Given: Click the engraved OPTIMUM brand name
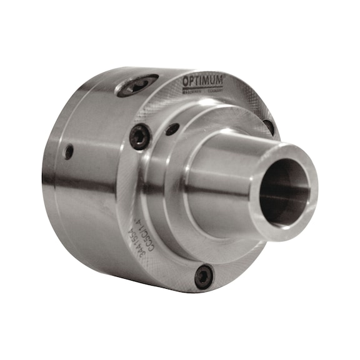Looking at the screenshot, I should pyautogui.click(x=202, y=81).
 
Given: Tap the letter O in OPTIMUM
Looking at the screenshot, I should pyautogui.click(x=186, y=82).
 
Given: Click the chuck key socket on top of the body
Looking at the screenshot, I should pyautogui.click(x=137, y=85).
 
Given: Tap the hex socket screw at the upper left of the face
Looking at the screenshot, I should pyautogui.click(x=139, y=136).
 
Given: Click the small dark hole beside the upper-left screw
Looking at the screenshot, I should pyautogui.click(x=172, y=129).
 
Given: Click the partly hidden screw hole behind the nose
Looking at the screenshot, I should pyautogui.click(x=269, y=127).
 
